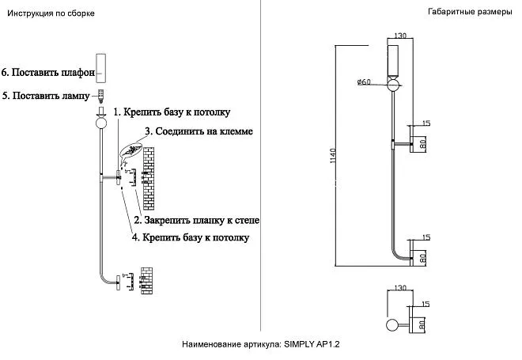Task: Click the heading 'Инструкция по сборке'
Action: [x=51, y=13]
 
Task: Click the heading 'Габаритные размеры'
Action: [x=470, y=12]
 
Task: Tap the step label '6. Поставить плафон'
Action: [x=48, y=72]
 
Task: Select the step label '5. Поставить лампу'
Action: [x=46, y=96]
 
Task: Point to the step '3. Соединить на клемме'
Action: [x=199, y=131]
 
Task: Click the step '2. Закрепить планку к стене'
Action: [x=196, y=220]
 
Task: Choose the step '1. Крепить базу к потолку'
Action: [x=172, y=112]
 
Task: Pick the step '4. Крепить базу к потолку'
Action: [x=191, y=237]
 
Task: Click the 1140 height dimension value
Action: [x=333, y=156]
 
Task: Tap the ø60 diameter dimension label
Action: [x=364, y=81]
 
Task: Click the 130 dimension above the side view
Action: [x=400, y=36]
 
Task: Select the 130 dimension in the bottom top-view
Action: [x=400, y=287]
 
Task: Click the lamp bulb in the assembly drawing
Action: [x=101, y=96]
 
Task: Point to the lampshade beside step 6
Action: [x=101, y=68]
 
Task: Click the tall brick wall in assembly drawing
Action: [x=149, y=179]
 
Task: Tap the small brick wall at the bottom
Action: [x=147, y=280]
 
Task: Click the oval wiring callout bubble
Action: [x=130, y=150]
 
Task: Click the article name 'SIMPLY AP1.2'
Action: [x=312, y=344]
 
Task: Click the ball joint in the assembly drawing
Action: [x=101, y=123]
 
